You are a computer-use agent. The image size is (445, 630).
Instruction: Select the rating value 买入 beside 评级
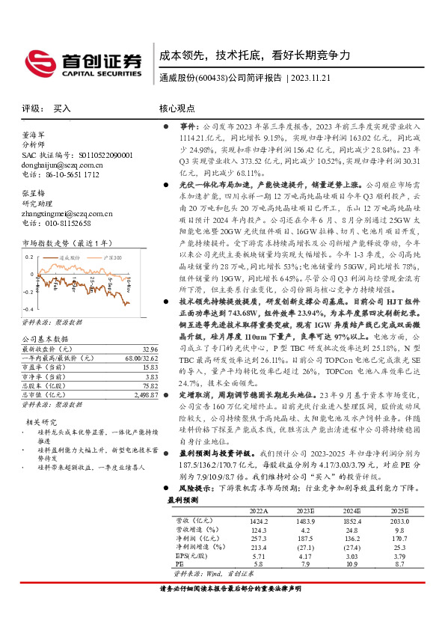point(62,108)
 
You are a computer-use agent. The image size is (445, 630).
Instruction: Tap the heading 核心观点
point(177,108)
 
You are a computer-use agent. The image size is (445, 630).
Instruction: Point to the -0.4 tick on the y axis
point(28,309)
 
